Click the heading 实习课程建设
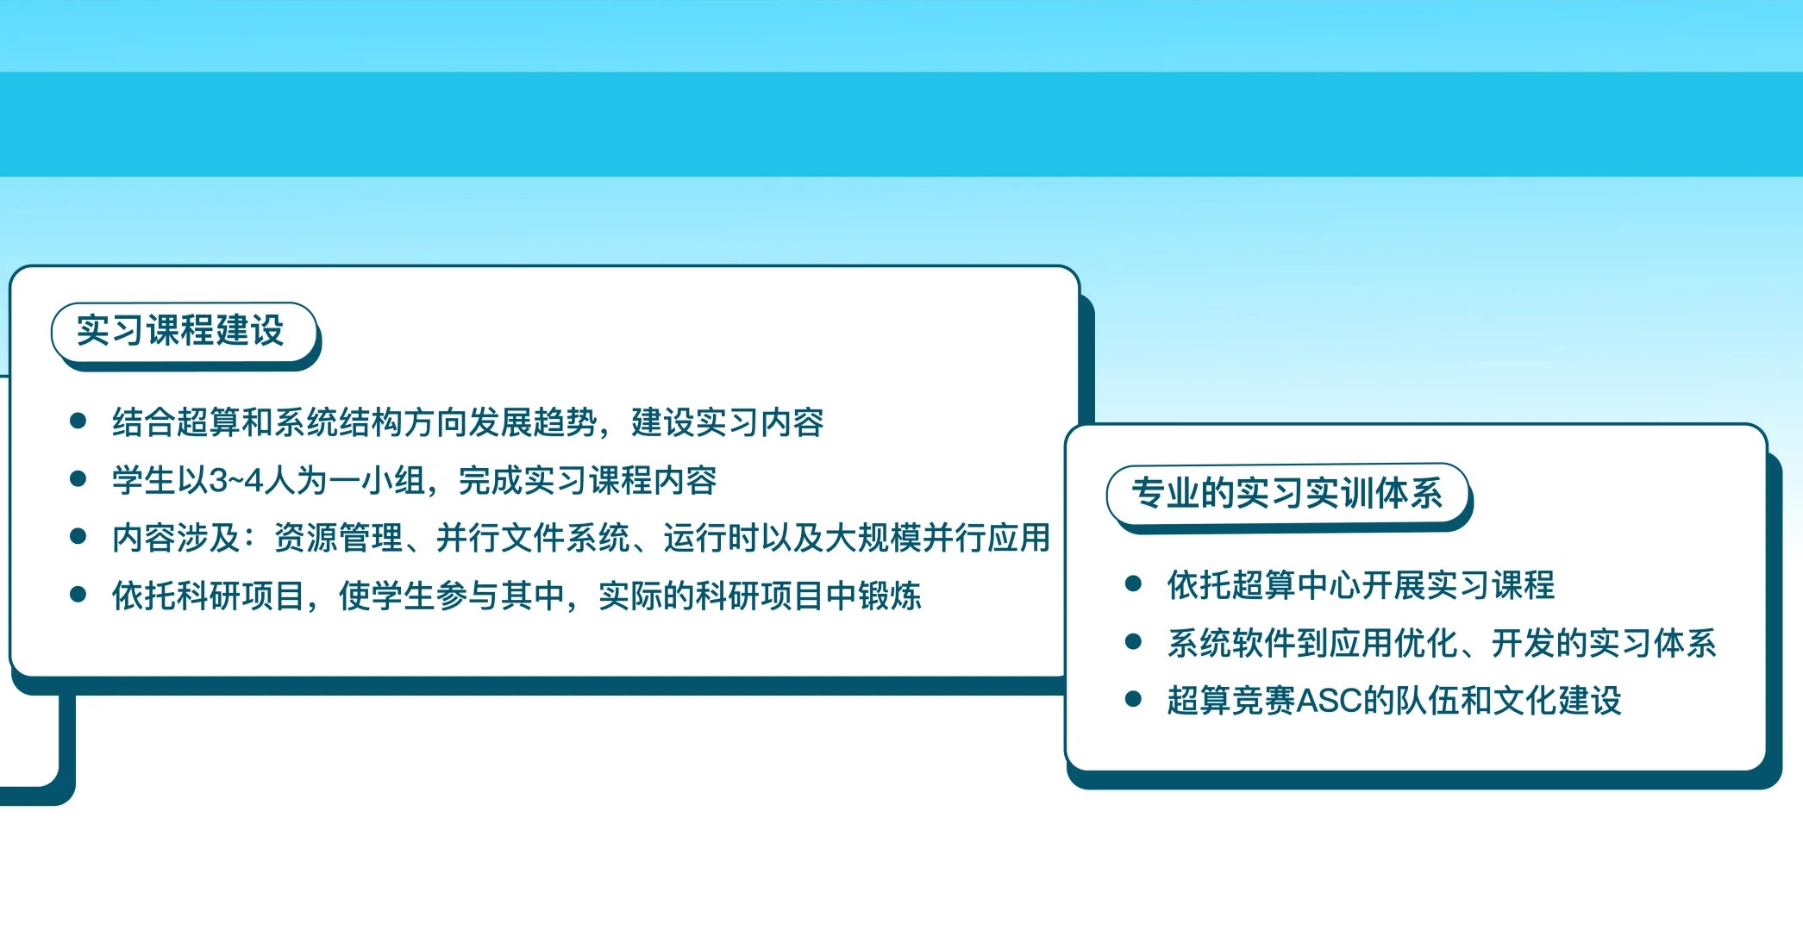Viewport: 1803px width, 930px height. tap(180, 331)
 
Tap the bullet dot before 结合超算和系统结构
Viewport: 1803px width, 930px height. tap(78, 421)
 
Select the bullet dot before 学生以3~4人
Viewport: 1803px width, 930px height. tap(78, 478)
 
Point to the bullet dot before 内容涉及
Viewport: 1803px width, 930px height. tap(78, 536)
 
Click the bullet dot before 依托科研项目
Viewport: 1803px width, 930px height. tap(78, 594)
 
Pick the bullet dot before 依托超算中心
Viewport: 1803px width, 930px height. tap(1134, 584)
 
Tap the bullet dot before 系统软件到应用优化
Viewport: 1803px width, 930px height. tap(1134, 641)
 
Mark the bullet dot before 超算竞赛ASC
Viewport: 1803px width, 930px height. tap(1134, 699)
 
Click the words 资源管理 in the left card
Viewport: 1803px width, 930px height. tap(338, 538)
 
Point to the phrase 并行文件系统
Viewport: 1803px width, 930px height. tap(533, 538)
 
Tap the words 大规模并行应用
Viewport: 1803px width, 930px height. tap(937, 538)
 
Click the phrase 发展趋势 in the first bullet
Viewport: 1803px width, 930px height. tap(533, 423)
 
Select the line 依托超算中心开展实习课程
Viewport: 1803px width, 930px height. tap(1361, 585)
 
